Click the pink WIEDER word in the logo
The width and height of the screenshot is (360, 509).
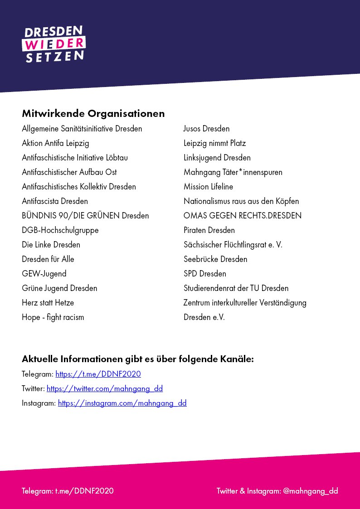coord(54,44)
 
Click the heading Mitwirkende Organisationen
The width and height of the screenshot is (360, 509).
coord(93,113)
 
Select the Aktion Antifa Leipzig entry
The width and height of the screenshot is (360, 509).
coord(55,143)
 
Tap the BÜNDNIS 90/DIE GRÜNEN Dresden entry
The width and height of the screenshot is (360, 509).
coord(85,216)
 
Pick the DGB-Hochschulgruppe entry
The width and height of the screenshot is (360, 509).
coord(60,230)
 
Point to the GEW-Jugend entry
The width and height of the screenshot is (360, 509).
coord(44,274)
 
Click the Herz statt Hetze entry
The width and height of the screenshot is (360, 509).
coord(48,303)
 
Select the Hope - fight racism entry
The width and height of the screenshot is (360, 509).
coord(53,317)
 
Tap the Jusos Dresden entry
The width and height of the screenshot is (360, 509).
coord(206,129)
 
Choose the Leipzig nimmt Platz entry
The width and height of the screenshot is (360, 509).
coord(214,143)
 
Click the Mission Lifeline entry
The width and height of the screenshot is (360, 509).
coord(208,187)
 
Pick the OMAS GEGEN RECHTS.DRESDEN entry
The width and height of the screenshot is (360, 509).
coord(242,216)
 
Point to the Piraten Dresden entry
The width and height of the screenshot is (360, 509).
coord(209,230)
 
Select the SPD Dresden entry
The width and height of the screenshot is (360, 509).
coord(204,274)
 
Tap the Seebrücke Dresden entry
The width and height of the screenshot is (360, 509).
coord(215,259)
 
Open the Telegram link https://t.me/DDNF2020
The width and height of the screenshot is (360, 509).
coord(98,374)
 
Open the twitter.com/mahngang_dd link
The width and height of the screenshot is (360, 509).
coord(104,389)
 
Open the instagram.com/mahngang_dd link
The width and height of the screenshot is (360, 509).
coord(122,403)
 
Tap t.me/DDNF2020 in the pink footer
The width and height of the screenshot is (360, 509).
coord(84,491)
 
